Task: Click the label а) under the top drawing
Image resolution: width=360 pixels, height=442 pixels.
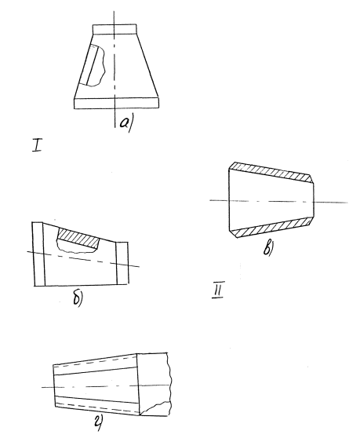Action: pos(126,123)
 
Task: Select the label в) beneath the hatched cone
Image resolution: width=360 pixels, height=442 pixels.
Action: pos(268,249)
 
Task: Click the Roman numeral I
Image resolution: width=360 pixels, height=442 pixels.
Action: pos(37,145)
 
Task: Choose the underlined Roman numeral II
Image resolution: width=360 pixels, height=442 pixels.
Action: pos(218,289)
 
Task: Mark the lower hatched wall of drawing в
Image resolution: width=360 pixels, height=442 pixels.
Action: pos(272,227)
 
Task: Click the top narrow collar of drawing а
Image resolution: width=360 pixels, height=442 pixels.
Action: pos(115,29)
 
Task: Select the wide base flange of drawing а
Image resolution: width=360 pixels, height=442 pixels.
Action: pos(116,104)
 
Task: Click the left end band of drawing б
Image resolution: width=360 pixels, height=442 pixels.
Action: pos(38,254)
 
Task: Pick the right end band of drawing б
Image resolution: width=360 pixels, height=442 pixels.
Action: pos(123,262)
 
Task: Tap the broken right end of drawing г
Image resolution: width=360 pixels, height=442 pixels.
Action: pos(155,384)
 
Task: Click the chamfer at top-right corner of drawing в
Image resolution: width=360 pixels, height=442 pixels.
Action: pos(311,179)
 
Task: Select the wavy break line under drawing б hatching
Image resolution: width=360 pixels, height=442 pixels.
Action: pos(77,248)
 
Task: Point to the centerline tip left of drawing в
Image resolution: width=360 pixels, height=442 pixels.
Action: pos(210,200)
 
